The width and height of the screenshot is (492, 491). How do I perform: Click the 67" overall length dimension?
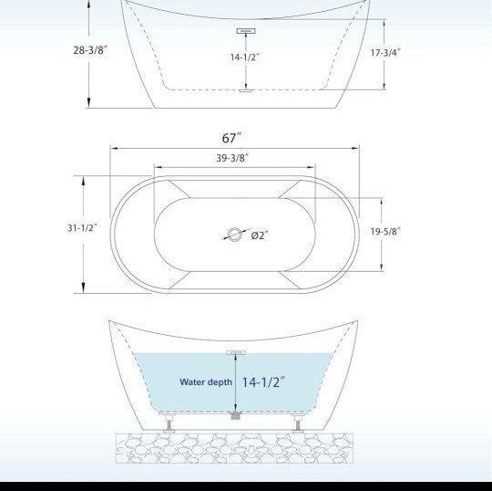tap(232, 138)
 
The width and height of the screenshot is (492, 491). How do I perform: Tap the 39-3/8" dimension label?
tap(232, 158)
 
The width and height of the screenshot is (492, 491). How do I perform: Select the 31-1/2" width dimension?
tap(82, 227)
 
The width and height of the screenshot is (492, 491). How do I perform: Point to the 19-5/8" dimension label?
tap(385, 232)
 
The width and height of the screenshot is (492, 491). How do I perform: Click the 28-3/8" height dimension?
tap(90, 50)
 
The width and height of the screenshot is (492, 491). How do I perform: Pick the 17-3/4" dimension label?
tap(385, 53)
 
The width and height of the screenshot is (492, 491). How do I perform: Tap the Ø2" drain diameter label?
tap(260, 235)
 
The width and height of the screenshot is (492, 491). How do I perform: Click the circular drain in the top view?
tap(235, 235)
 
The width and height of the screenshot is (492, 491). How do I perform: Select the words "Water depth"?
tap(206, 381)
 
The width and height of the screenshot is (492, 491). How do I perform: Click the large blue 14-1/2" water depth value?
tap(263, 381)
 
